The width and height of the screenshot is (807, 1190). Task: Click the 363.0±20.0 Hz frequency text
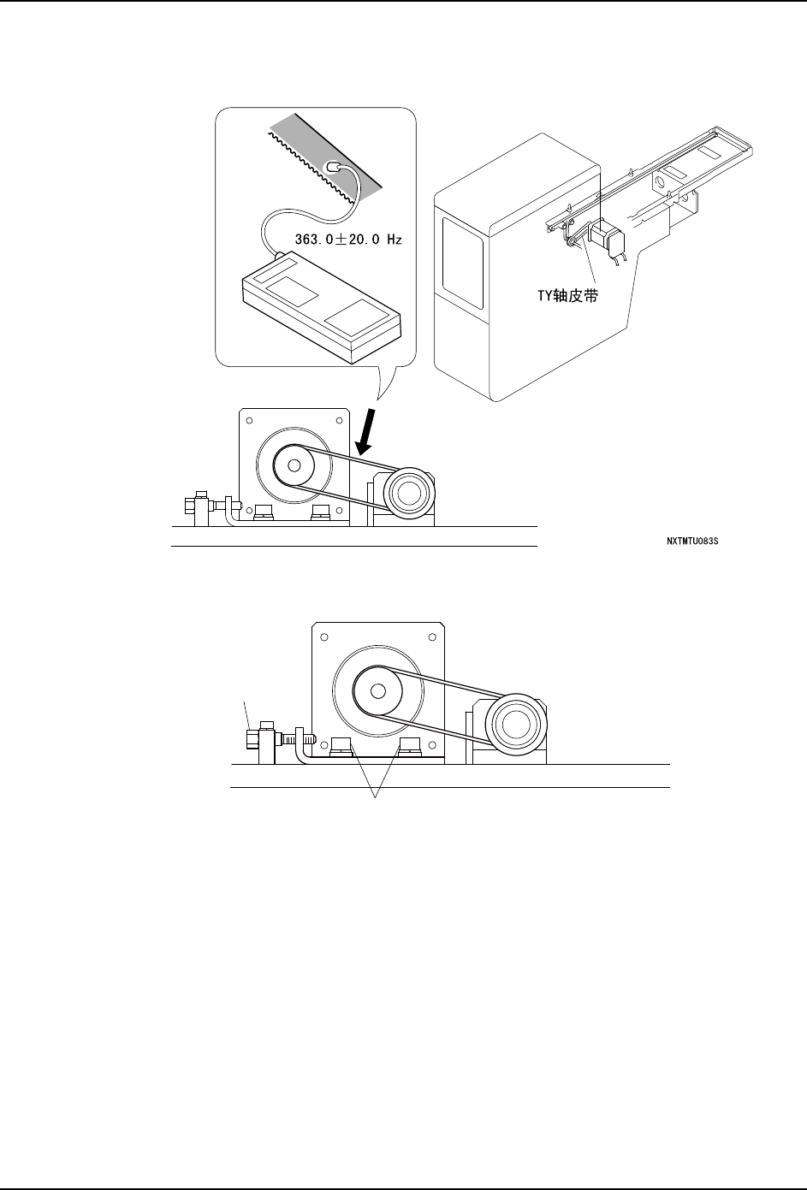348,240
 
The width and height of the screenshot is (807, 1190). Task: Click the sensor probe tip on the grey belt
335,168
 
